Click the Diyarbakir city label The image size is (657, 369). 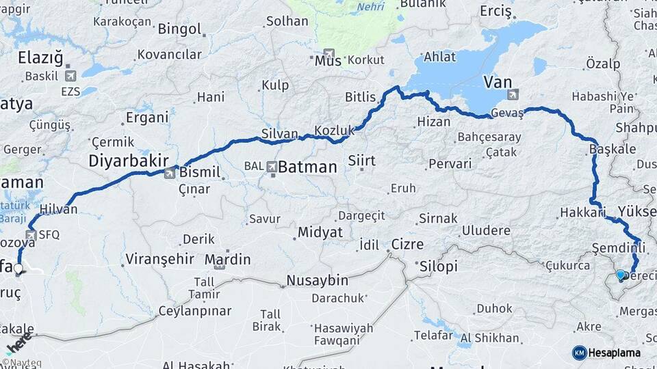coord(129,161)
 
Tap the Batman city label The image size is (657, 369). coord(307,167)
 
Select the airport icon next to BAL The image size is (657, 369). coord(272,166)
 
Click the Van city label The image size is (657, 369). coord(498,82)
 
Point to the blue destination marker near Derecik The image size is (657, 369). coord(621,275)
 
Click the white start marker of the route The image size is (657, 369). coord(18,269)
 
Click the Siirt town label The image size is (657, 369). coord(362,161)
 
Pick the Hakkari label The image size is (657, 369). coord(583,213)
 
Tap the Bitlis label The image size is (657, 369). coord(361,98)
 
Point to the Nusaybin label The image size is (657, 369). coord(317,280)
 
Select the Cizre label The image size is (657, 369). coord(407,244)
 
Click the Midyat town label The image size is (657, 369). coord(319,232)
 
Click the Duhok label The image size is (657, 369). coord(493,308)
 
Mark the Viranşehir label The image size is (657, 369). coord(159,260)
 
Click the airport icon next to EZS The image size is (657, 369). coord(70,77)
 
